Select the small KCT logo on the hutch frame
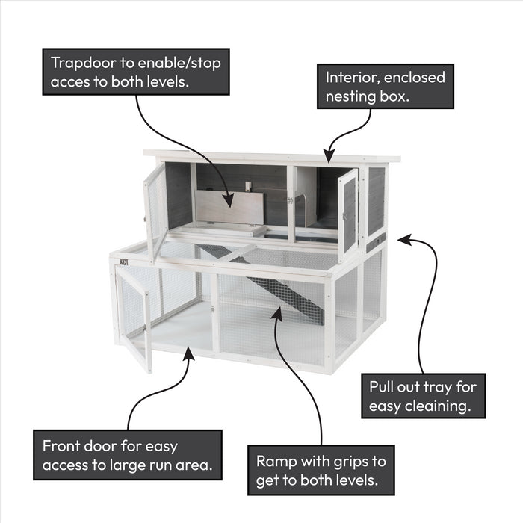click(123, 262)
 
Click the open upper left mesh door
click(155, 209)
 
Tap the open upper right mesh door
click(347, 214)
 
